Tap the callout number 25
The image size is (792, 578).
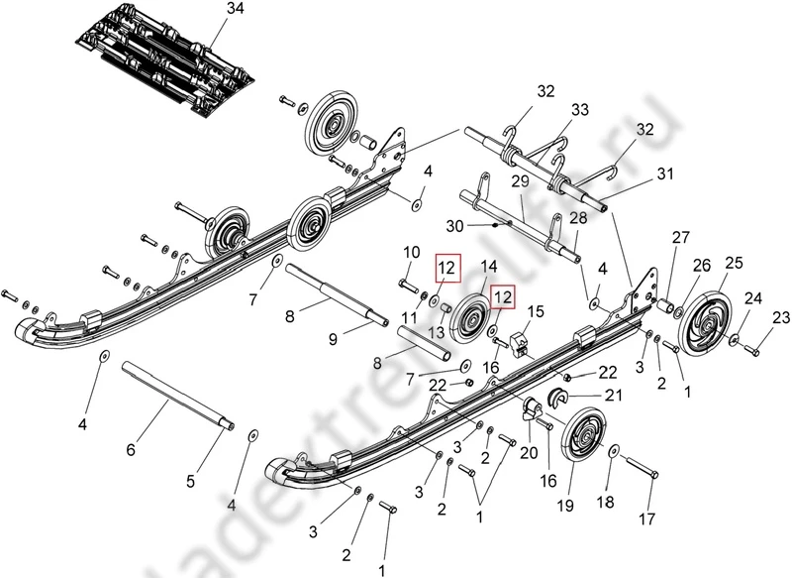point(734,263)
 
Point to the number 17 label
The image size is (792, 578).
point(647,519)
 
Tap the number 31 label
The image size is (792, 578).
point(665,174)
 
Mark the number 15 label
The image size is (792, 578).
point(536,311)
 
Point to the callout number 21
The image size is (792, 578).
point(615,395)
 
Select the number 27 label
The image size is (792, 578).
point(680,237)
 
